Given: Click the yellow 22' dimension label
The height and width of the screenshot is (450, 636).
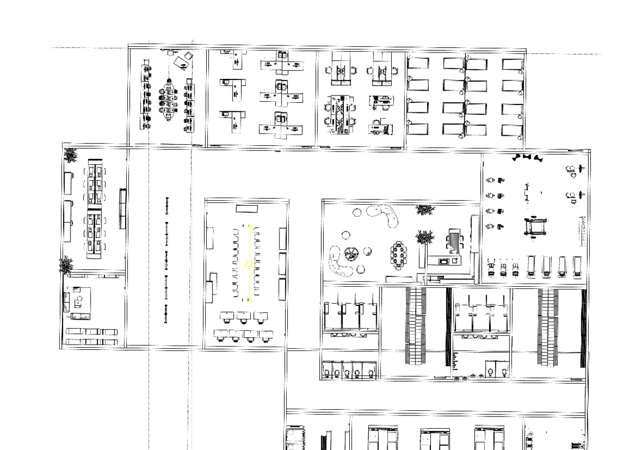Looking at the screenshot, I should click(x=249, y=263).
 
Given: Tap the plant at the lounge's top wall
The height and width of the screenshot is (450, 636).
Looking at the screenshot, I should click(x=425, y=210).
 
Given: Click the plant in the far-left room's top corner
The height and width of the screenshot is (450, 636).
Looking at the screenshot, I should click(x=70, y=155).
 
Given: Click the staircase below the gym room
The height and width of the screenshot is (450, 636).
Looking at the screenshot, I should click(x=547, y=326).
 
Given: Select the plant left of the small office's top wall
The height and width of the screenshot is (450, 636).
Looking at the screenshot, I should click(x=66, y=264).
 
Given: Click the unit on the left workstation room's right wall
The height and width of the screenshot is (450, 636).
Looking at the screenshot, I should click(x=123, y=208).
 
